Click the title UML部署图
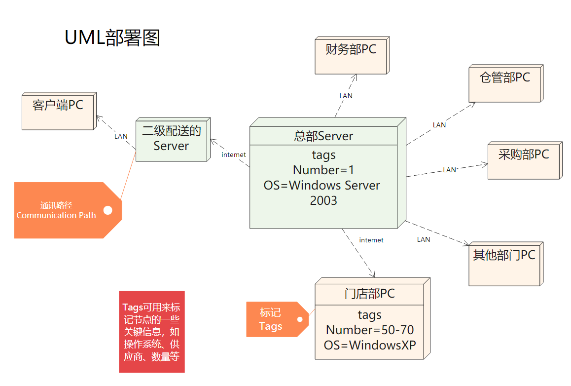pyautogui.click(x=112, y=38)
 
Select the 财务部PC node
pyautogui.click(x=351, y=55)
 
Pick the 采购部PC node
pyautogui.click(x=523, y=160)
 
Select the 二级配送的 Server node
pyautogui.click(x=171, y=139)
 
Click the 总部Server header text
pyautogui.click(x=323, y=136)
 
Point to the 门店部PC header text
pyautogui.click(x=369, y=294)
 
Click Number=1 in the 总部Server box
pyautogui.click(x=323, y=170)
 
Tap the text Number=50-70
pyautogui.click(x=370, y=330)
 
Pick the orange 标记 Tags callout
pyautogui.click(x=271, y=319)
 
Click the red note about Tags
pyautogui.click(x=151, y=331)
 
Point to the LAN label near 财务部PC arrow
pyautogui.click(x=346, y=96)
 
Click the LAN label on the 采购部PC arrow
pyautogui.click(x=449, y=170)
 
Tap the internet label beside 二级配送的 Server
pyautogui.click(x=234, y=155)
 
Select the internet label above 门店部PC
pyautogui.click(x=371, y=240)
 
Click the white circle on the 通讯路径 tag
pyautogui.click(x=107, y=210)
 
